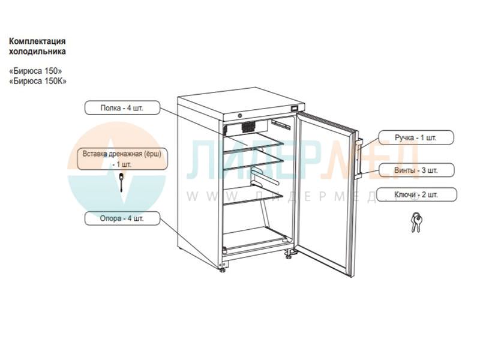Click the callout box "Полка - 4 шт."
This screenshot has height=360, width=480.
pos(122,109)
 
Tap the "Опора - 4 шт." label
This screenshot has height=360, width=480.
pos(122,218)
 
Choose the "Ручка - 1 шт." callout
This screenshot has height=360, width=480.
pos(415,138)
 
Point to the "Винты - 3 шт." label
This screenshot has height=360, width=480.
pos(416,170)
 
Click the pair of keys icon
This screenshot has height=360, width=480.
pos(416,223)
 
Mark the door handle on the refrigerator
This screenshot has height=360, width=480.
pos(358,159)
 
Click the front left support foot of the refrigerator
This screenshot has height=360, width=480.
pos(223,266)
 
